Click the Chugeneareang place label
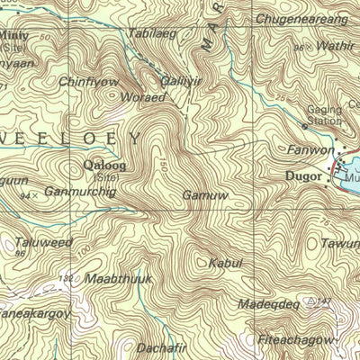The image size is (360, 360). pos(301,18)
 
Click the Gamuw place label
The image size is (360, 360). pos(205,194)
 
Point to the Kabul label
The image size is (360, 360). pos(225,263)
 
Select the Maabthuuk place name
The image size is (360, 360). pos(119,279)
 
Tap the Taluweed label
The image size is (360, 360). pos(43,241)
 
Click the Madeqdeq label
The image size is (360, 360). pos(267,304)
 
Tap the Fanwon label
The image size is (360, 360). pos(304,148)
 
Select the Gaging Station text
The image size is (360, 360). pos(320,114)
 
